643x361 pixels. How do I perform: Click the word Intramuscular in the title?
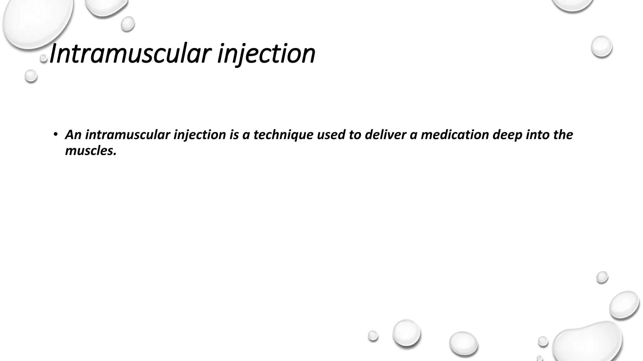coord(129,54)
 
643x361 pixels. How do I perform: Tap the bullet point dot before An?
coord(56,135)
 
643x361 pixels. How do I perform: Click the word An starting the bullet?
coord(73,135)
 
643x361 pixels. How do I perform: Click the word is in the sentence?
coord(234,135)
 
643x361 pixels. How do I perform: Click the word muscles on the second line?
coord(90,151)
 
